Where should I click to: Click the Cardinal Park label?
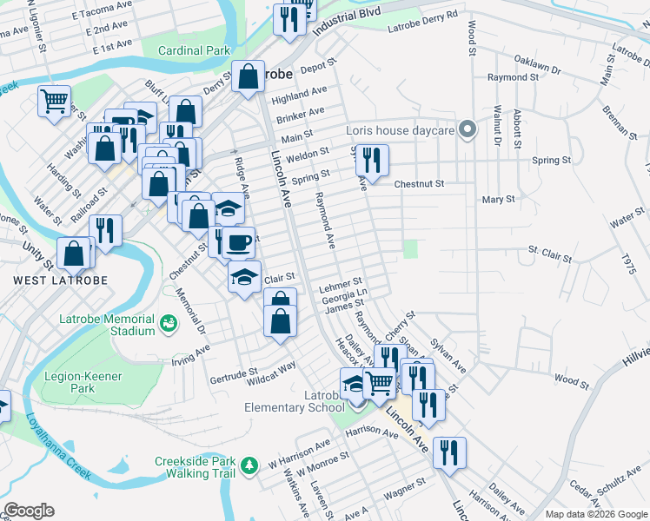point(194,50)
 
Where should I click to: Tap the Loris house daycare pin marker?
point(468,131)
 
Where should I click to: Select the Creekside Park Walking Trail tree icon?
point(250,466)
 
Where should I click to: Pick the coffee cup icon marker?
point(239,241)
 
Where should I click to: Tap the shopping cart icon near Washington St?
point(54,101)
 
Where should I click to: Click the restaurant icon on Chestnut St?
point(372,160)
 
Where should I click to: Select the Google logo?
point(29,511)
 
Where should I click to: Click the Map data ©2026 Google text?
point(596,514)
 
